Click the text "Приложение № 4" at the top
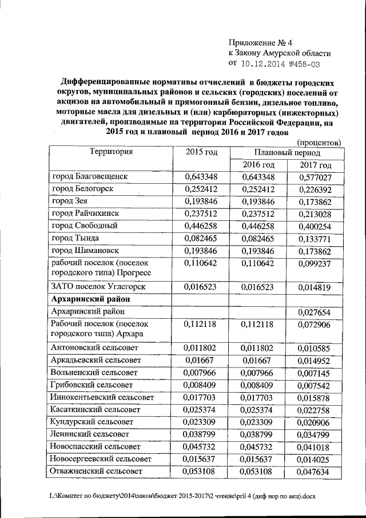click(260, 42)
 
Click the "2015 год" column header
click(202, 152)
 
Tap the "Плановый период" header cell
click(287, 153)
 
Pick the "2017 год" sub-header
click(315, 165)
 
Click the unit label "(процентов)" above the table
click(319, 141)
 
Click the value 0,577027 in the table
click(315, 177)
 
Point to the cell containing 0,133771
click(315, 238)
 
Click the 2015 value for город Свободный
click(202, 225)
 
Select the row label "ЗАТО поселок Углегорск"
click(99, 286)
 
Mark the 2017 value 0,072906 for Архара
click(315, 324)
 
